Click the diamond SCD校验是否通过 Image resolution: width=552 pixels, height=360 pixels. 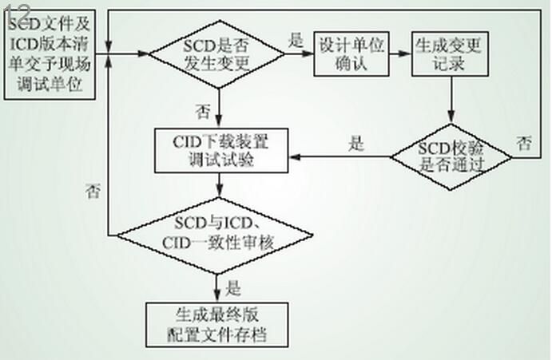tap(452, 156)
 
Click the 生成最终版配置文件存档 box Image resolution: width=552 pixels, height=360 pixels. tap(216, 323)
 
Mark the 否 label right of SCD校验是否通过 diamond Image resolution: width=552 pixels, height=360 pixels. tap(524, 144)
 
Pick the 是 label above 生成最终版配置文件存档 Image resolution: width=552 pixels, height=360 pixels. tap(235, 283)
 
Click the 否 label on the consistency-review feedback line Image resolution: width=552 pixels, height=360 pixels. tap(93, 190)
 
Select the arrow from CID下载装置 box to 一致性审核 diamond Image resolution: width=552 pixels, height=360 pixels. tap(217, 186)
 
